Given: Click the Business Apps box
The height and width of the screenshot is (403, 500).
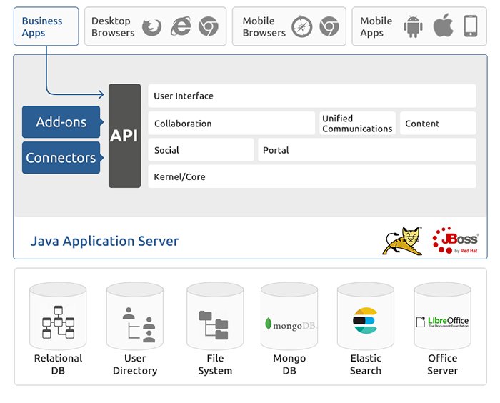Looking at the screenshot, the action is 46,26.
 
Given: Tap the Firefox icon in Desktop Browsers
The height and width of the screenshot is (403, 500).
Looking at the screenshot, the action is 151,27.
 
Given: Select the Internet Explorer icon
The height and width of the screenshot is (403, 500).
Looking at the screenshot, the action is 181,26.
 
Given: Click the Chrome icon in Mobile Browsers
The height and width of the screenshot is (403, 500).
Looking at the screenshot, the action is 329,26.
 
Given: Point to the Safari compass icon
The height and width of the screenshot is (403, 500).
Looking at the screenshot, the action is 301,26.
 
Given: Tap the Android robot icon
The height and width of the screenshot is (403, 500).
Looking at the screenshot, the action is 413,26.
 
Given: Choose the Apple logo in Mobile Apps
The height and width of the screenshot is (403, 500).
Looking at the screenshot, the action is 444,26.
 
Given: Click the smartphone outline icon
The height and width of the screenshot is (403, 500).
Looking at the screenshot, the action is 471,26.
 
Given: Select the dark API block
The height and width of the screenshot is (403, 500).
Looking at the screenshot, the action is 125,136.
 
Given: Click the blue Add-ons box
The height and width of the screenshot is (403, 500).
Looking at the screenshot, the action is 61,122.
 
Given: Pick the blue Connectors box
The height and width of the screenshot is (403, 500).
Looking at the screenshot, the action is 61,158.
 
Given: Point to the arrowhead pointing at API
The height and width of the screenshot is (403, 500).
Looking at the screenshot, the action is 101,94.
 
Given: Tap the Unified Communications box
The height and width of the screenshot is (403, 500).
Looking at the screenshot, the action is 357,123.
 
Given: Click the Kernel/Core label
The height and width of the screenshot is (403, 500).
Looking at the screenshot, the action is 179,176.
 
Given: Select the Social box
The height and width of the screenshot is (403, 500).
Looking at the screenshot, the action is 201,150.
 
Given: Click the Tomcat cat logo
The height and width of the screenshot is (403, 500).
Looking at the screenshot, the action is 403,241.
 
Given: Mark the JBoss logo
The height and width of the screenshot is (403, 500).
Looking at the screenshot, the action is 456,240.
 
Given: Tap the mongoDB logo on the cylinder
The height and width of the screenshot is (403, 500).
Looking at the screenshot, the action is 290,324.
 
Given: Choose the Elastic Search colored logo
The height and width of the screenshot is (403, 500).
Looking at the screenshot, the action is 366,321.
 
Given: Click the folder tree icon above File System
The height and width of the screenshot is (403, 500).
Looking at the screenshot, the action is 214,325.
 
